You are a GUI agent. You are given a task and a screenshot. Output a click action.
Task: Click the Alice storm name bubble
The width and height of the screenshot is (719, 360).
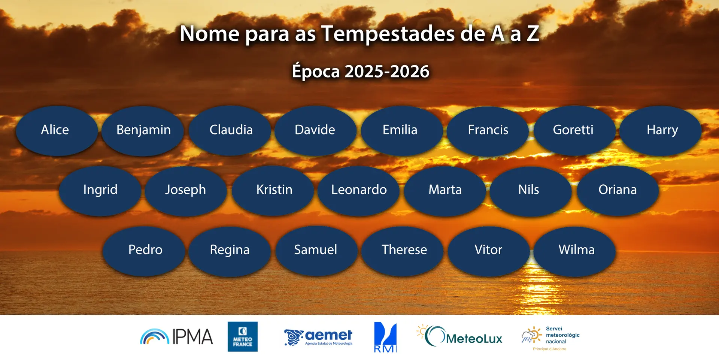coord(57,131)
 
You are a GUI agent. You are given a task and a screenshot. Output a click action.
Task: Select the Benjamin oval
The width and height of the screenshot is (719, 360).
coord(143,131)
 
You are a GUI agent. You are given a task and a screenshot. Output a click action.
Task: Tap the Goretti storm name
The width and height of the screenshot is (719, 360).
coord(574,131)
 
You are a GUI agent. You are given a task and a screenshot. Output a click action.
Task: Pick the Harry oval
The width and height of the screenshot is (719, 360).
coord(661,131)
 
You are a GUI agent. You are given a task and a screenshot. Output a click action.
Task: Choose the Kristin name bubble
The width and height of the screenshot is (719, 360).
coord(273,191)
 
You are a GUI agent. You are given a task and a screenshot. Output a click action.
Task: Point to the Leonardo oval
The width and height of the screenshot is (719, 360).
coord(359,191)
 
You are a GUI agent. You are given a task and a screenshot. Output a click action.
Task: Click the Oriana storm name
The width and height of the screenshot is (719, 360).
coord(618,191)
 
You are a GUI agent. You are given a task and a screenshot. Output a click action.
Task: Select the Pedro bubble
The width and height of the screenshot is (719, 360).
coord(144,251)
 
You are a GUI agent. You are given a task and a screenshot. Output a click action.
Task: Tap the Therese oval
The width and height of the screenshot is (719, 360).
coord(402,251)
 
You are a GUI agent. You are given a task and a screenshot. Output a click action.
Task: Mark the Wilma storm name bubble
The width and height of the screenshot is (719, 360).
coord(575,251)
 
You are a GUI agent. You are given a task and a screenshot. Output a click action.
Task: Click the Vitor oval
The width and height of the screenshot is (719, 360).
coord(489,251)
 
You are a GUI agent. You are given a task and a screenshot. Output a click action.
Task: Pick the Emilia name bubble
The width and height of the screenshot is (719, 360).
coord(402,131)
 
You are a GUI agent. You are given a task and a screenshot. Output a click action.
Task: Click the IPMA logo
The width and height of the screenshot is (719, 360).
coord(176,336)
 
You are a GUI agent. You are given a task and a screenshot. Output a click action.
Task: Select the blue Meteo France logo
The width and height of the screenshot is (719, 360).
coord(243,336)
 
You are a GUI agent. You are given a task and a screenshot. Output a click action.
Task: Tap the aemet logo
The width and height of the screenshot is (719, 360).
coord(318,337)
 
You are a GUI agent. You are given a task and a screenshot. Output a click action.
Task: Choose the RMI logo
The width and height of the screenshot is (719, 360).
coord(385,337)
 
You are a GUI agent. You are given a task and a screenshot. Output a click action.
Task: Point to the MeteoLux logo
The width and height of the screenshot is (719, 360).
coord(459,336)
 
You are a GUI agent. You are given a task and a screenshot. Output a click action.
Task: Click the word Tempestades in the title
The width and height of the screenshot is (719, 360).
coord(388,34)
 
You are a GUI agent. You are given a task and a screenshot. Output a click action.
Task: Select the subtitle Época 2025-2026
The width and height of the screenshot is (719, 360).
coord(361,71)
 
